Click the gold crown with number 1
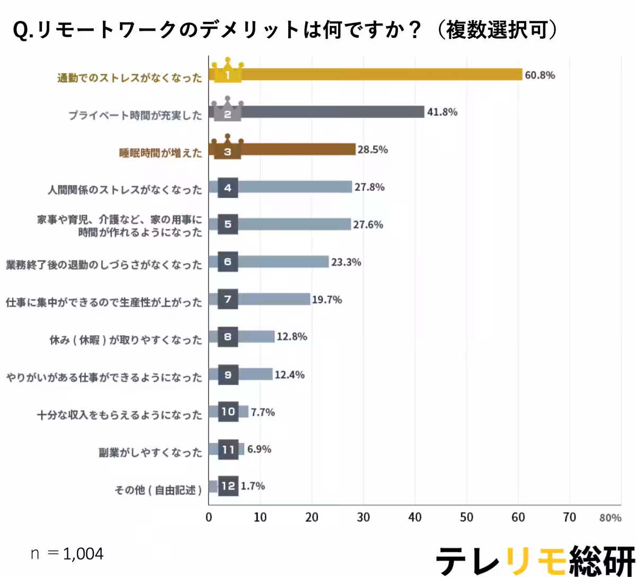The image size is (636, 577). coord(227,71)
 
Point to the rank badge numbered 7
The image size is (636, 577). coord(228,300)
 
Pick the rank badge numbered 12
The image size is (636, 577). coord(228,486)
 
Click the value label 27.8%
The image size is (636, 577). coord(369,187)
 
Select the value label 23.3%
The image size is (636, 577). coord(346,262)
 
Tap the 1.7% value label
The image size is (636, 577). coord(253,486)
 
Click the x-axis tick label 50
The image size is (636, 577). coord(466,518)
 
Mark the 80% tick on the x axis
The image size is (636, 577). coord(611,518)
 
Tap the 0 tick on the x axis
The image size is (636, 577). coord(209,518)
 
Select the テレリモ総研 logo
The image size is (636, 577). coord(535,560)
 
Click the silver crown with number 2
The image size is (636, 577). coord(227,109)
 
